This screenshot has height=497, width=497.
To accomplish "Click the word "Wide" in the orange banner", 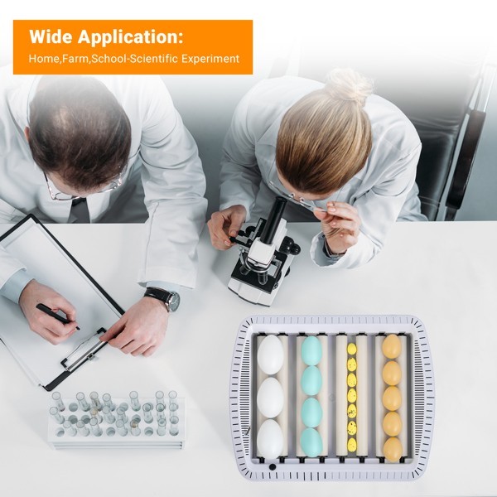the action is (51, 36).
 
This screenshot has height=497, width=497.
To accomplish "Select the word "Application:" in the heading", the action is (130, 37).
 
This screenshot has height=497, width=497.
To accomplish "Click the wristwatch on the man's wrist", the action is (164, 298).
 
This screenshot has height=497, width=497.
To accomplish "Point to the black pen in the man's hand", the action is (57, 317).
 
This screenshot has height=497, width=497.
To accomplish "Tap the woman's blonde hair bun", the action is (348, 84).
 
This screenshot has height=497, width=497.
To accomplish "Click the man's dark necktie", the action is (79, 210).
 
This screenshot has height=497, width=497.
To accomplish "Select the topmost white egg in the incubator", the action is (270, 355).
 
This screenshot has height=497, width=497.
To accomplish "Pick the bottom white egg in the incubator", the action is (269, 439).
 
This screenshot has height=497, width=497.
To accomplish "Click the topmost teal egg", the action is (311, 351).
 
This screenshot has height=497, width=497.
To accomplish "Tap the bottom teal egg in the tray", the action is (311, 442).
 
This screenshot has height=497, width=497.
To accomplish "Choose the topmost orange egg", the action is (392, 346).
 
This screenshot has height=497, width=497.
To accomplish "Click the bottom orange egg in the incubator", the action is (393, 449).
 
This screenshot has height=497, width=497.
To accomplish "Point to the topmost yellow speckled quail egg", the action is (352, 349).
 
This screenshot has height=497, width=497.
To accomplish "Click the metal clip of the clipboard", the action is (84, 351).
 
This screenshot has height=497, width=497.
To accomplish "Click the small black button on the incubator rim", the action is (272, 466).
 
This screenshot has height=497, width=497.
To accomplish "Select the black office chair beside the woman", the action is (456, 142).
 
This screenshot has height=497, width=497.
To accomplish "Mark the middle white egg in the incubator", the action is (270, 398).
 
